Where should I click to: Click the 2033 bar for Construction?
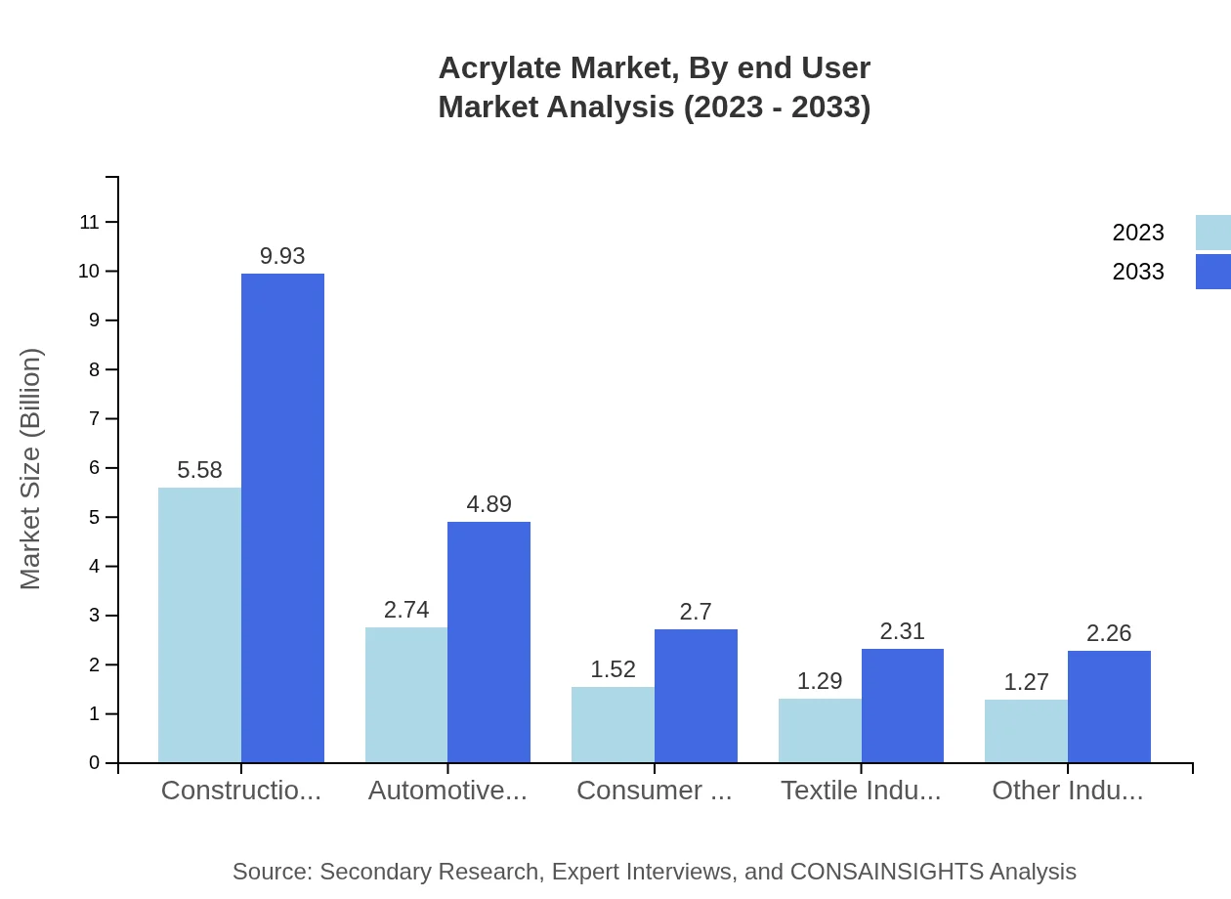click(x=282, y=518)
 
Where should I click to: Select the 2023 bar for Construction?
click(x=199, y=624)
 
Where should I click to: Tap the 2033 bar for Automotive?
click(x=488, y=642)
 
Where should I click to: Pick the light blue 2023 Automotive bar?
click(x=406, y=695)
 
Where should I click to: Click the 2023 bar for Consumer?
click(x=613, y=724)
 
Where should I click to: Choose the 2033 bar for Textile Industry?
click(x=903, y=706)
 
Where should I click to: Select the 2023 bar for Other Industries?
click(x=1026, y=731)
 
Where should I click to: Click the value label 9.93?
click(x=282, y=256)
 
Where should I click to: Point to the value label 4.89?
click(x=488, y=504)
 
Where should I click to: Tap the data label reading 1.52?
click(x=613, y=669)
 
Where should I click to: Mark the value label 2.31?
click(x=902, y=631)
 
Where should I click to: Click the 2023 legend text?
click(x=1137, y=233)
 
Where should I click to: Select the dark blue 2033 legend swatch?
click(x=1212, y=272)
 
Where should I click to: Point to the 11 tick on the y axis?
click(x=90, y=222)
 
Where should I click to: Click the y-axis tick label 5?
click(x=95, y=517)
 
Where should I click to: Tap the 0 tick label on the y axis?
click(x=95, y=762)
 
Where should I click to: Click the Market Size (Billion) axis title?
click(x=31, y=469)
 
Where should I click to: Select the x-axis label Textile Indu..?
click(x=861, y=791)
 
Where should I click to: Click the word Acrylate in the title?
click(x=499, y=67)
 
